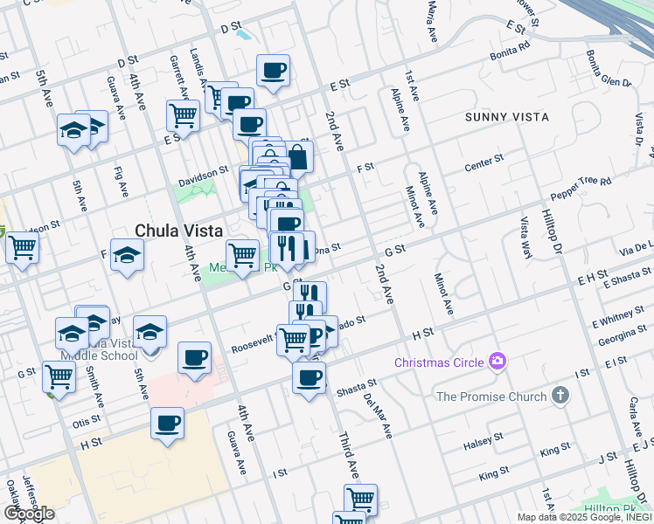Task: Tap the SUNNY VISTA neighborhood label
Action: pos(507,117)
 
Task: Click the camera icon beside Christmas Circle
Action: pos(497,360)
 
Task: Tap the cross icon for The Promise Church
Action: pos(560,396)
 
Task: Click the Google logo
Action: pos(28,514)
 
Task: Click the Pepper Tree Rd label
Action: pos(580,186)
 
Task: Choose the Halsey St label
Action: pos(484,440)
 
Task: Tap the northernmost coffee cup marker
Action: pos(273,70)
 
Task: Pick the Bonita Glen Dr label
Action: pos(609,70)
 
